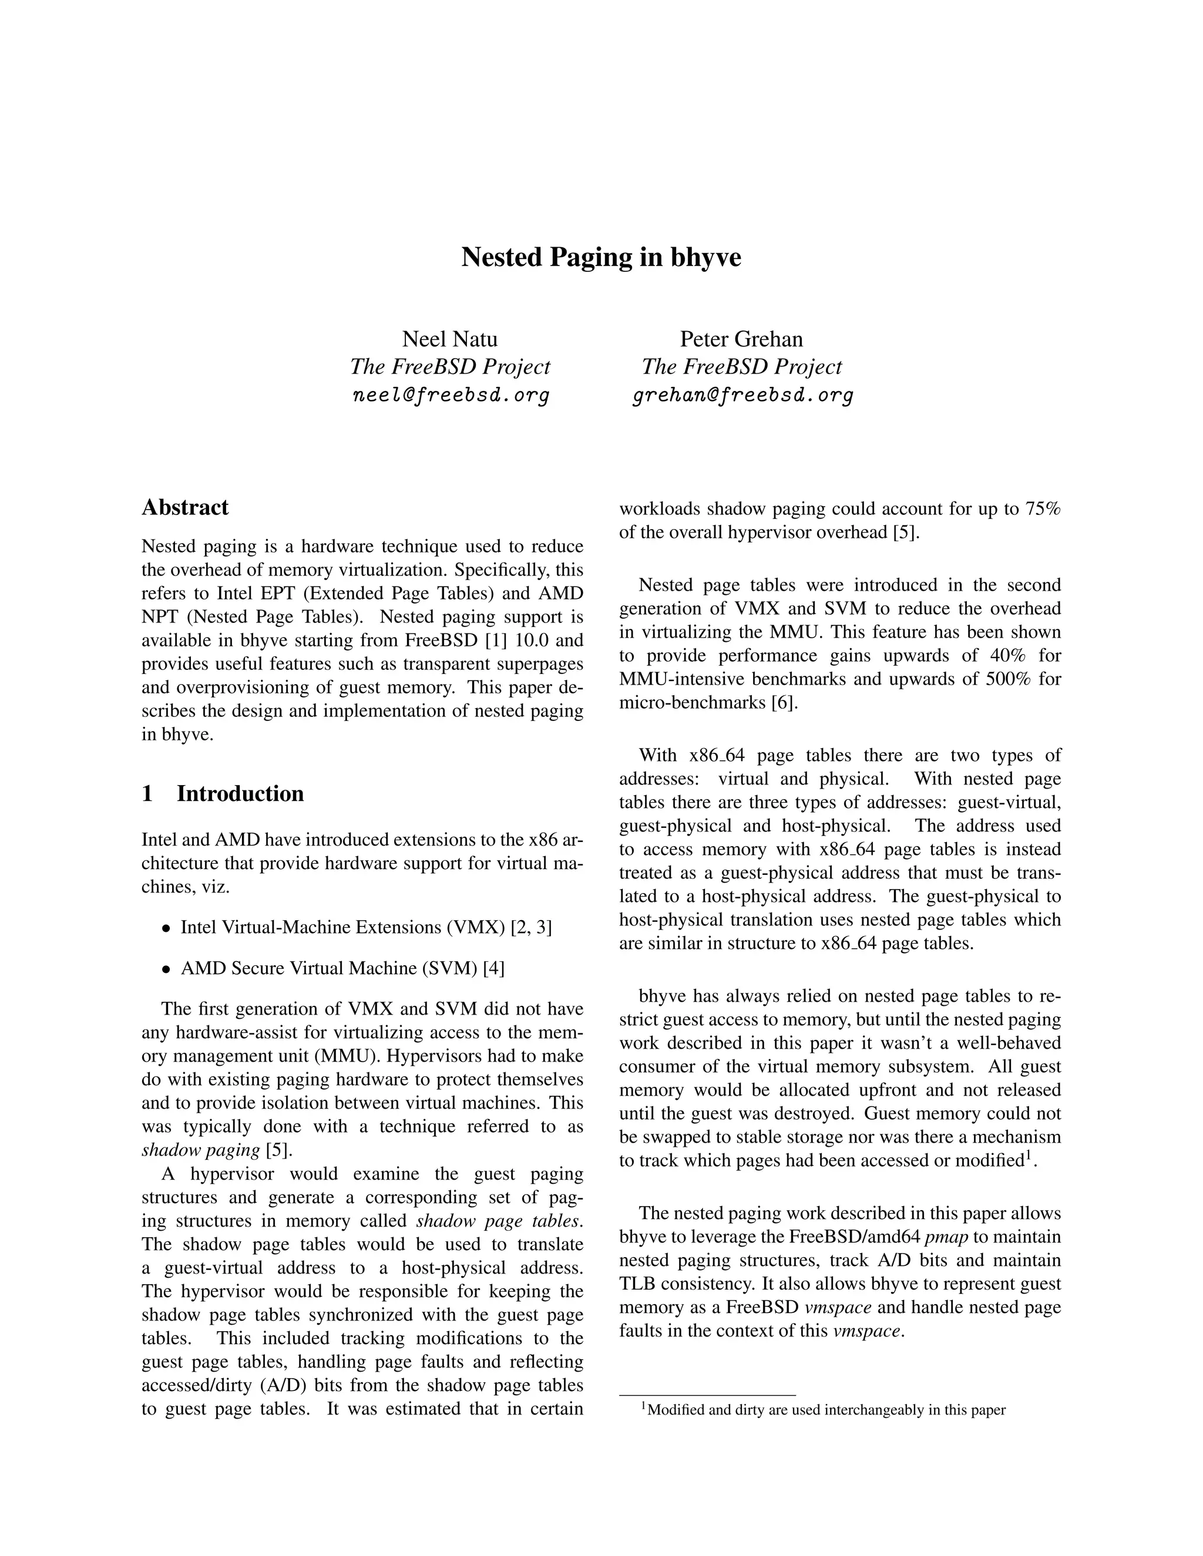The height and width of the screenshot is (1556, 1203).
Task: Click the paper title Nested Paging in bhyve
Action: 601,257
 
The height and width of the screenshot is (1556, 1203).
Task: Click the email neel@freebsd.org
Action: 451,395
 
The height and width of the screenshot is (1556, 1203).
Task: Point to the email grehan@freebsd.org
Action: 742,395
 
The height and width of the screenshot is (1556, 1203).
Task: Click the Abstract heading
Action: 184,507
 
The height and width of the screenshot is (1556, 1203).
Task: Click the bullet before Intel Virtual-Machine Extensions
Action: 166,929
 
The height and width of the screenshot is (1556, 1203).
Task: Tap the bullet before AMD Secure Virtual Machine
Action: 166,969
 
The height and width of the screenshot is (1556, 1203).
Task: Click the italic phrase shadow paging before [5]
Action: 200,1150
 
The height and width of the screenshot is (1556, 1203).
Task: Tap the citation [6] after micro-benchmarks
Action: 785,702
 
